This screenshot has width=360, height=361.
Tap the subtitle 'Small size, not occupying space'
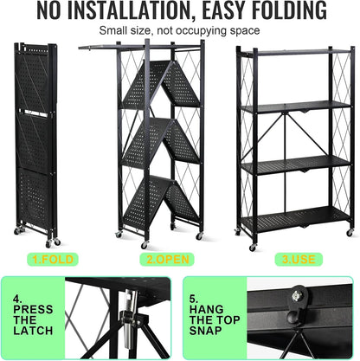[179, 30]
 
